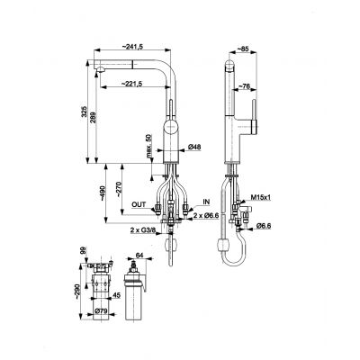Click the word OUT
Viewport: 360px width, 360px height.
pos(138,205)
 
